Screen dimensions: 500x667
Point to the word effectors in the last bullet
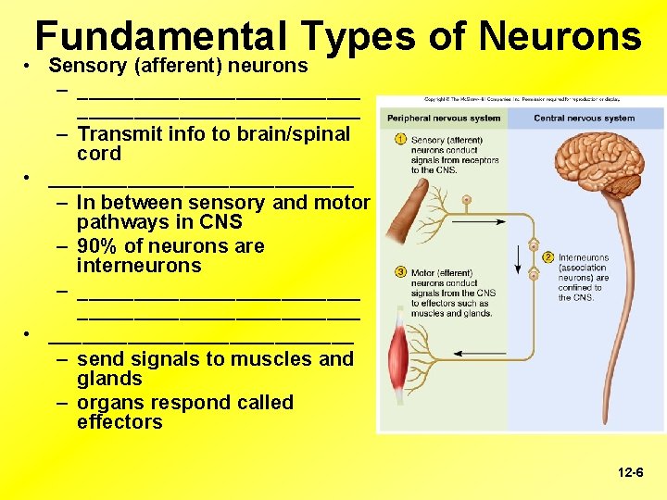click(x=120, y=422)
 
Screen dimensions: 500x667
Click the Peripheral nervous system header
click(x=444, y=119)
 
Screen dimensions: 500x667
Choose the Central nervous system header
click(x=585, y=119)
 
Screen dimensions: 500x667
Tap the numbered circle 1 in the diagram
click(x=399, y=139)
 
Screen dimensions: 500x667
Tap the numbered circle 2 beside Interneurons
click(x=548, y=256)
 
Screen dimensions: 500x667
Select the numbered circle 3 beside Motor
click(x=400, y=272)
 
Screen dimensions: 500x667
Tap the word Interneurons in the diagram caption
click(x=584, y=257)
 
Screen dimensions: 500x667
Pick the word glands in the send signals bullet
click(x=109, y=379)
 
